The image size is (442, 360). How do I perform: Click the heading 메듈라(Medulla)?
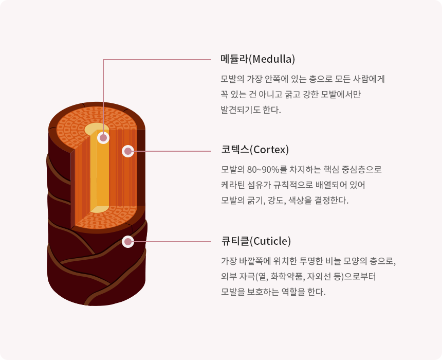tap(257, 59)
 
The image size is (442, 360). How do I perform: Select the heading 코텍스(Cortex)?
tap(255, 150)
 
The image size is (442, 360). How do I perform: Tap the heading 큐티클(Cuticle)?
tap(256, 241)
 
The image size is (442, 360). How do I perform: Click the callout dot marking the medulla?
tap(103, 138)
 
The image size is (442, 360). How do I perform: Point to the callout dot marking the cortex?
tap(127, 151)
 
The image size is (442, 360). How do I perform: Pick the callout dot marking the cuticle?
tap(127, 242)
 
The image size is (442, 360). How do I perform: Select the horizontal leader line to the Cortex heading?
tap(172, 151)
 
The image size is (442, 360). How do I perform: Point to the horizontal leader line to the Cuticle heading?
tap(172, 242)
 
